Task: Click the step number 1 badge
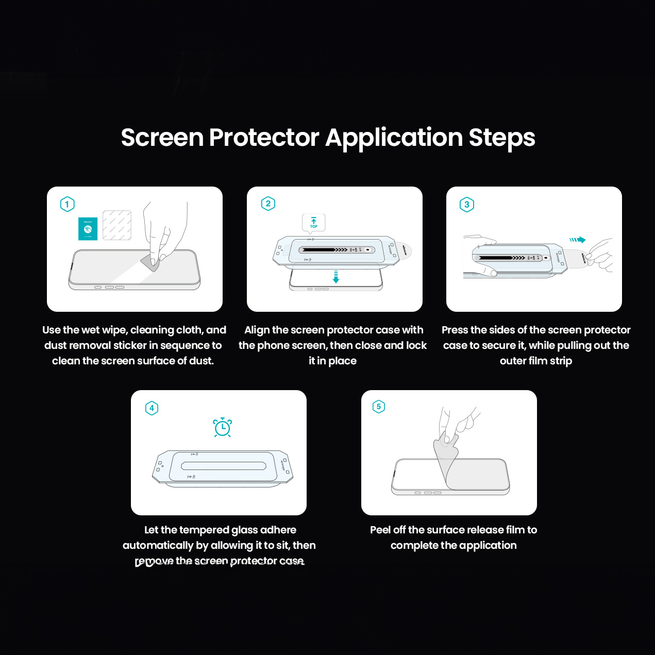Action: pos(68,204)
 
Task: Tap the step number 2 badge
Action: pos(268,204)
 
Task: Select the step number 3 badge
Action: pos(467,205)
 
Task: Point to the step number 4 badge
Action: pos(152,408)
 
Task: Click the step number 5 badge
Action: pos(379,407)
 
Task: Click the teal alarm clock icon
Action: pos(223,427)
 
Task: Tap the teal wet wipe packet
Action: pos(88,229)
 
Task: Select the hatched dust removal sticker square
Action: pos(117,225)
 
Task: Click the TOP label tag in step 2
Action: pos(313,222)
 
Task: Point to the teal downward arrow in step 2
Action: pos(336,277)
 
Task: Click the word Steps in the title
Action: pos(501,138)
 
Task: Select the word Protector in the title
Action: pos(264,138)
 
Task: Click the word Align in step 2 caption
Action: pos(257,330)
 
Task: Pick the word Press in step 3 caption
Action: pos(455,330)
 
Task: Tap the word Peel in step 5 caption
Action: pos(380,530)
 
